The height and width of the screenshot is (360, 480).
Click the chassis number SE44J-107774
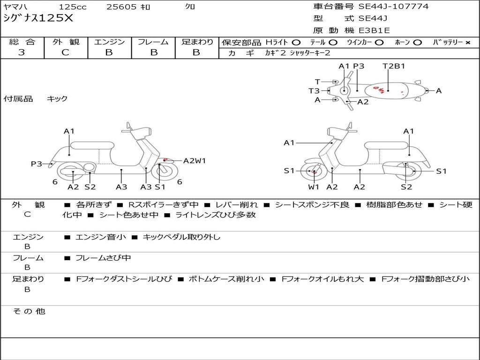tap(393, 7)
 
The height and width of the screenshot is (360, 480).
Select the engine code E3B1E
tap(374, 30)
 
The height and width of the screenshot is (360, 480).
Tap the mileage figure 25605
tap(121, 7)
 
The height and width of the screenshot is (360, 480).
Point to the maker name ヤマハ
tap(15, 7)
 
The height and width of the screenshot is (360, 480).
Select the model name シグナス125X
tap(38, 19)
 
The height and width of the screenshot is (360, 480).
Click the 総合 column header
tap(22, 42)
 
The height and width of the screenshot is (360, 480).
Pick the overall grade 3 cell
tap(22, 52)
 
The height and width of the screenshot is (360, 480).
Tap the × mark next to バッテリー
tap(467, 42)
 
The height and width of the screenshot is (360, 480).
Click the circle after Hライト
tap(296, 42)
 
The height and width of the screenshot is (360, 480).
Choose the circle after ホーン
tap(418, 42)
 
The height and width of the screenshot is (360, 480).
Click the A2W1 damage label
tap(195, 161)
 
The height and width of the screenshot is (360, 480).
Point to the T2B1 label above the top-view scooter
tap(394, 66)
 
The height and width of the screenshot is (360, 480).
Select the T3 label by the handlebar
tap(314, 91)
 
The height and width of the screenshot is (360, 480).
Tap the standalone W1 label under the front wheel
tap(314, 187)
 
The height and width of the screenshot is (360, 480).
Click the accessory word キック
tap(57, 99)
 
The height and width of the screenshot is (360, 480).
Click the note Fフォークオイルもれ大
tap(322, 279)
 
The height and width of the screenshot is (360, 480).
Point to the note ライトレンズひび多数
tap(216, 215)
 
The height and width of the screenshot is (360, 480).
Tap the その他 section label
tap(29, 311)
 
